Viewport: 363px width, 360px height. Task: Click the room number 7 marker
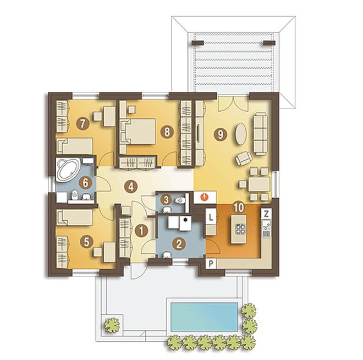[x=82, y=123]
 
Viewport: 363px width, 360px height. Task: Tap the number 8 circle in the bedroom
[x=167, y=132]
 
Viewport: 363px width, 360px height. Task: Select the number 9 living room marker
[x=220, y=134]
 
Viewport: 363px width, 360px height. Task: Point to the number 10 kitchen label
[x=239, y=207]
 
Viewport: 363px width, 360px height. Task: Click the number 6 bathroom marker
[x=85, y=183]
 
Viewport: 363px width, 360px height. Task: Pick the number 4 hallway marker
[x=131, y=187]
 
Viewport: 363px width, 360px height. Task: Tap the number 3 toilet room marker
[x=166, y=200]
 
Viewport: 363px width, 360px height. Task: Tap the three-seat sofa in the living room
[x=261, y=134]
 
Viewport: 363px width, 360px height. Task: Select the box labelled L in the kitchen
[x=211, y=217]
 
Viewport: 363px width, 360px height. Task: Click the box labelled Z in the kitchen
[x=266, y=214]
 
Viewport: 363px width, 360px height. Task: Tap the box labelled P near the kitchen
[x=211, y=264]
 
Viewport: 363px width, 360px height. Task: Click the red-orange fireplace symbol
[x=205, y=197]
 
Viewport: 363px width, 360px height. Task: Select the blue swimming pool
[x=204, y=317]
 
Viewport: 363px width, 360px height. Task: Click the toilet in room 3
[x=180, y=200]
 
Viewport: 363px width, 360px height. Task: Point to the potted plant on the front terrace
[x=112, y=325]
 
